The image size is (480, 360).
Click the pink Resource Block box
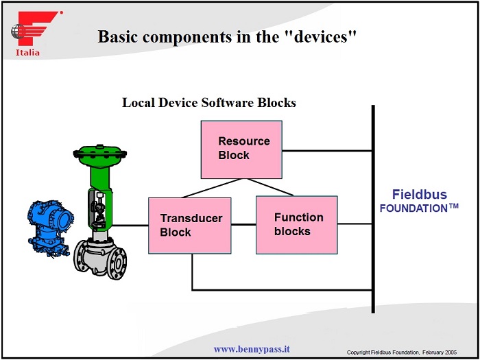tap(241, 149)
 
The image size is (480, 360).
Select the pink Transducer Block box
tap(190, 226)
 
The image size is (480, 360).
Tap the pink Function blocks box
tap(297, 224)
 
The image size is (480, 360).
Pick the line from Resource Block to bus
tap(328, 150)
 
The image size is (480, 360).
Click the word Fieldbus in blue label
tap(419, 194)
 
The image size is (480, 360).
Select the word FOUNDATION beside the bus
tap(414, 208)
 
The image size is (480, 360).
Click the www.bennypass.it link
tap(251, 349)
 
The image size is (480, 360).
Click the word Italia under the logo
tap(27, 52)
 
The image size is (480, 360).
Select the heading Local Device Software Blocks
tap(209, 103)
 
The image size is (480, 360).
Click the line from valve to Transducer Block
tap(131, 225)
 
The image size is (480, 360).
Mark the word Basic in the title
tap(119, 36)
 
